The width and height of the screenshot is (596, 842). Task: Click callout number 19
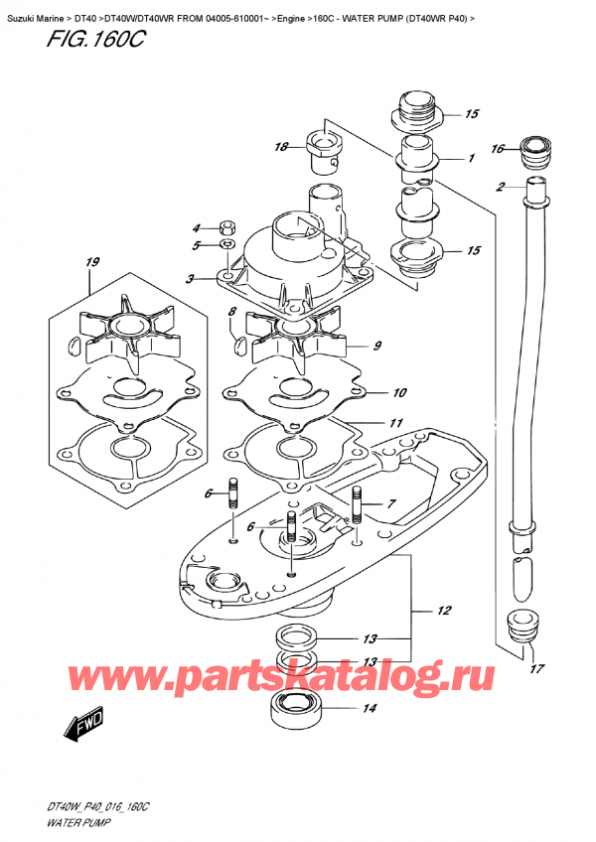click(93, 263)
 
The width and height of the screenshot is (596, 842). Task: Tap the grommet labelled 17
click(519, 626)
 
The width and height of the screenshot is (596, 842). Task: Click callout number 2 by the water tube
click(501, 187)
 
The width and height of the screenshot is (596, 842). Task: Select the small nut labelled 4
click(226, 224)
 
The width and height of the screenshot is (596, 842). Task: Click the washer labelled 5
click(226, 244)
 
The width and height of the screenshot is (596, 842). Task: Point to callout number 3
click(188, 280)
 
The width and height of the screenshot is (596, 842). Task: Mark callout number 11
click(395, 423)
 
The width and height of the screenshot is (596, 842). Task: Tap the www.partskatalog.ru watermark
click(298, 678)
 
